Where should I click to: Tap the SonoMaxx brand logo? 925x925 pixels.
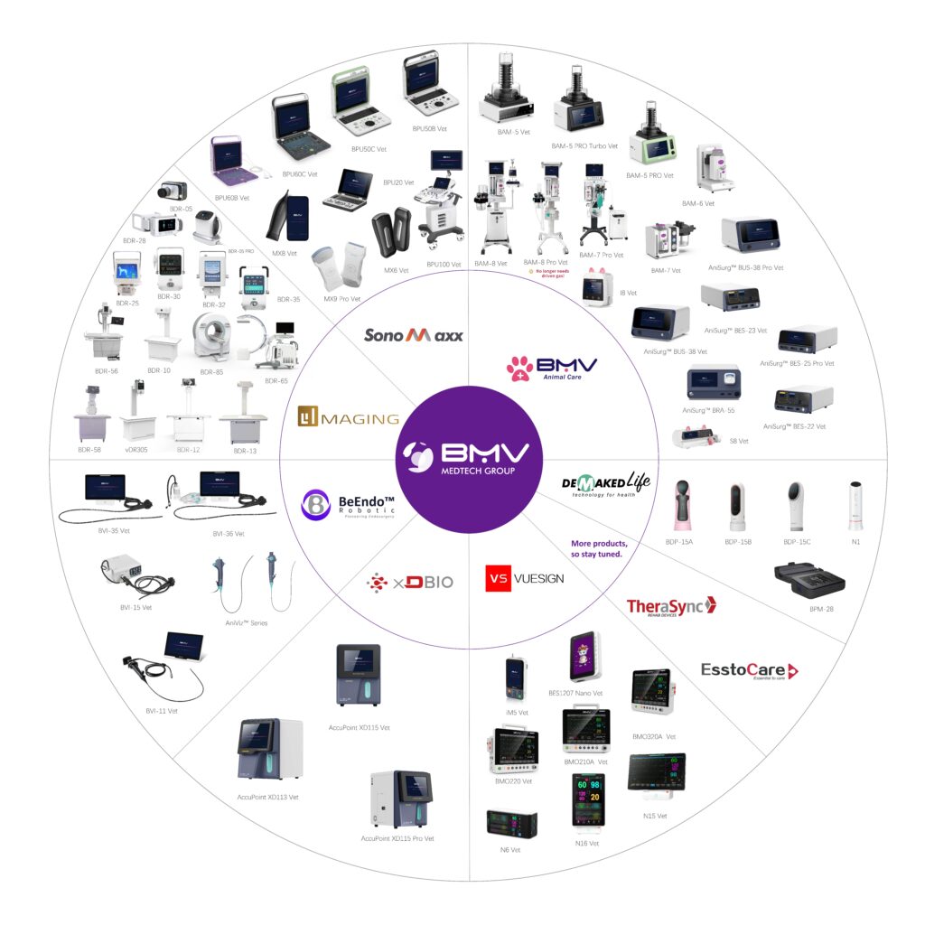pos(414,335)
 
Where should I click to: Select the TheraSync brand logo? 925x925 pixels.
pos(670,606)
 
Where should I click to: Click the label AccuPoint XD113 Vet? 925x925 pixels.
pos(267,797)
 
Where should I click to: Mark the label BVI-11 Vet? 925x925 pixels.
pos(162,711)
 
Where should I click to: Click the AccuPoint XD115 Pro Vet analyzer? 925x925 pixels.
pos(397,799)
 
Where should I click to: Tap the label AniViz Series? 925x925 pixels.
pos(246,623)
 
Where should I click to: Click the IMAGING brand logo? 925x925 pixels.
pos(349,418)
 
